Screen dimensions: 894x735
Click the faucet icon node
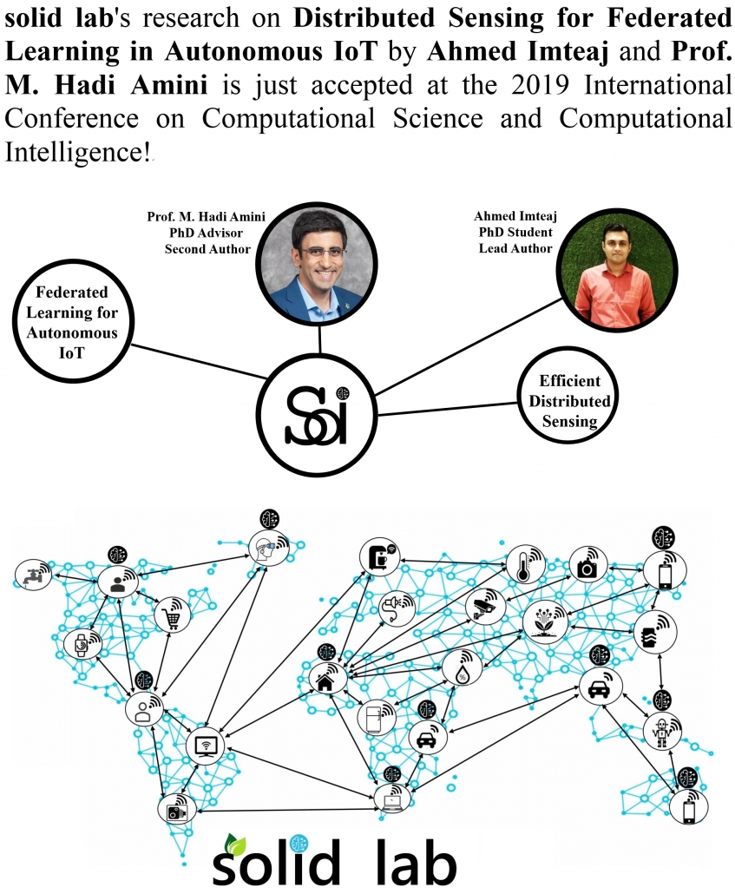[x=33, y=575]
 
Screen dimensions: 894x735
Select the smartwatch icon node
[x=82, y=644]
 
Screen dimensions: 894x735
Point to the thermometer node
[x=526, y=564]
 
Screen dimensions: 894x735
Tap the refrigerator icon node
[x=375, y=716]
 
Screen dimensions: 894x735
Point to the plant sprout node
[x=544, y=620]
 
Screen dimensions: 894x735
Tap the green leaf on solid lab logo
[x=233, y=844]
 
